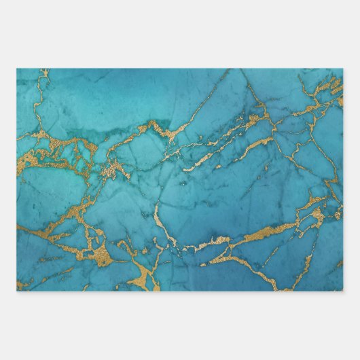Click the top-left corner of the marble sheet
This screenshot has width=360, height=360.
(x=18, y=69)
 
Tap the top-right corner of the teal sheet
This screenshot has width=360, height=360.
(x=342, y=69)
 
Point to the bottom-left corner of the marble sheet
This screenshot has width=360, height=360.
(x=18, y=290)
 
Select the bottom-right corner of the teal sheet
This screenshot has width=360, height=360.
(x=342, y=290)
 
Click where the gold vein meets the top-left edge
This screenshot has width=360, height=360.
(x=44, y=71)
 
